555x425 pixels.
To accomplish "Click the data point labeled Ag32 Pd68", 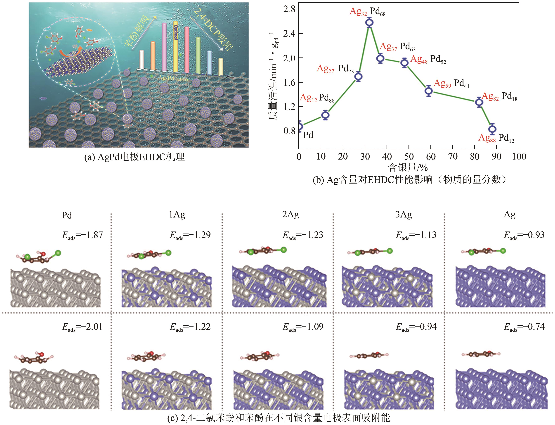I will (369, 23).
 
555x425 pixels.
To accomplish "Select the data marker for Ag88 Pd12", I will (492, 129).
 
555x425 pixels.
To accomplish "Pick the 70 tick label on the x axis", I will (453, 157).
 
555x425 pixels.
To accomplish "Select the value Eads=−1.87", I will (82, 235).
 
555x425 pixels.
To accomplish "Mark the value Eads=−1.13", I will (416, 235).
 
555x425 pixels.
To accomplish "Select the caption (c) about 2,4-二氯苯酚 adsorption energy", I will (279, 418).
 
